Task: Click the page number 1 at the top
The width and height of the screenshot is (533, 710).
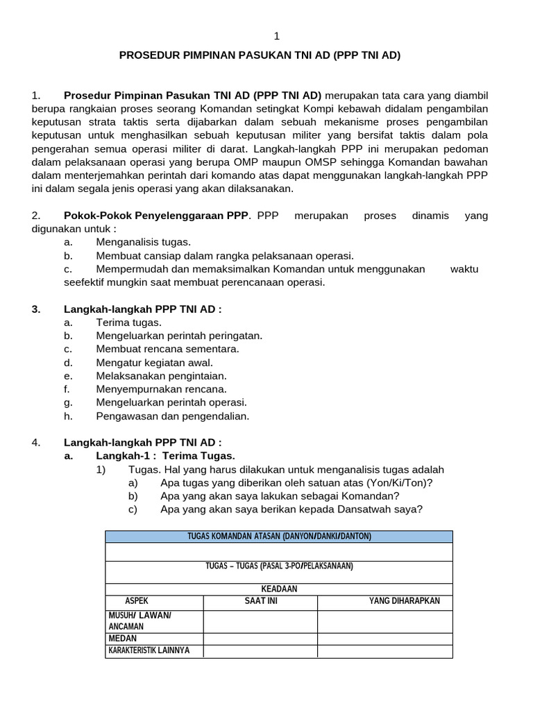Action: tap(276, 36)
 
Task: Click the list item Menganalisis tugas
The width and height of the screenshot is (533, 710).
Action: tap(143, 242)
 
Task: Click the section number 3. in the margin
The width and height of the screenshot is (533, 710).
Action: tap(36, 309)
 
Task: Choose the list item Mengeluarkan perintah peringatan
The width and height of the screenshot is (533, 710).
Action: tap(179, 336)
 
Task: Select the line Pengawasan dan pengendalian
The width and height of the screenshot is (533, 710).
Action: tap(172, 416)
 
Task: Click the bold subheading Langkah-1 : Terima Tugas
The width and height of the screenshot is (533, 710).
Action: tap(165, 456)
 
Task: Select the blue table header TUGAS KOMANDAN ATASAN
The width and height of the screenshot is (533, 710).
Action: tap(278, 537)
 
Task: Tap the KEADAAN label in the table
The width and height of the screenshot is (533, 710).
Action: tap(278, 589)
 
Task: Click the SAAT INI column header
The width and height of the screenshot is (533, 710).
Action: tap(260, 601)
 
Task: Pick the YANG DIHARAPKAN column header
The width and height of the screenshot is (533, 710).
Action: tap(404, 601)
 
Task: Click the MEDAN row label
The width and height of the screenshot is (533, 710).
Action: tap(122, 638)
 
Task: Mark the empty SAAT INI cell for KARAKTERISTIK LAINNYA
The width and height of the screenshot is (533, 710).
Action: tap(260, 651)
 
